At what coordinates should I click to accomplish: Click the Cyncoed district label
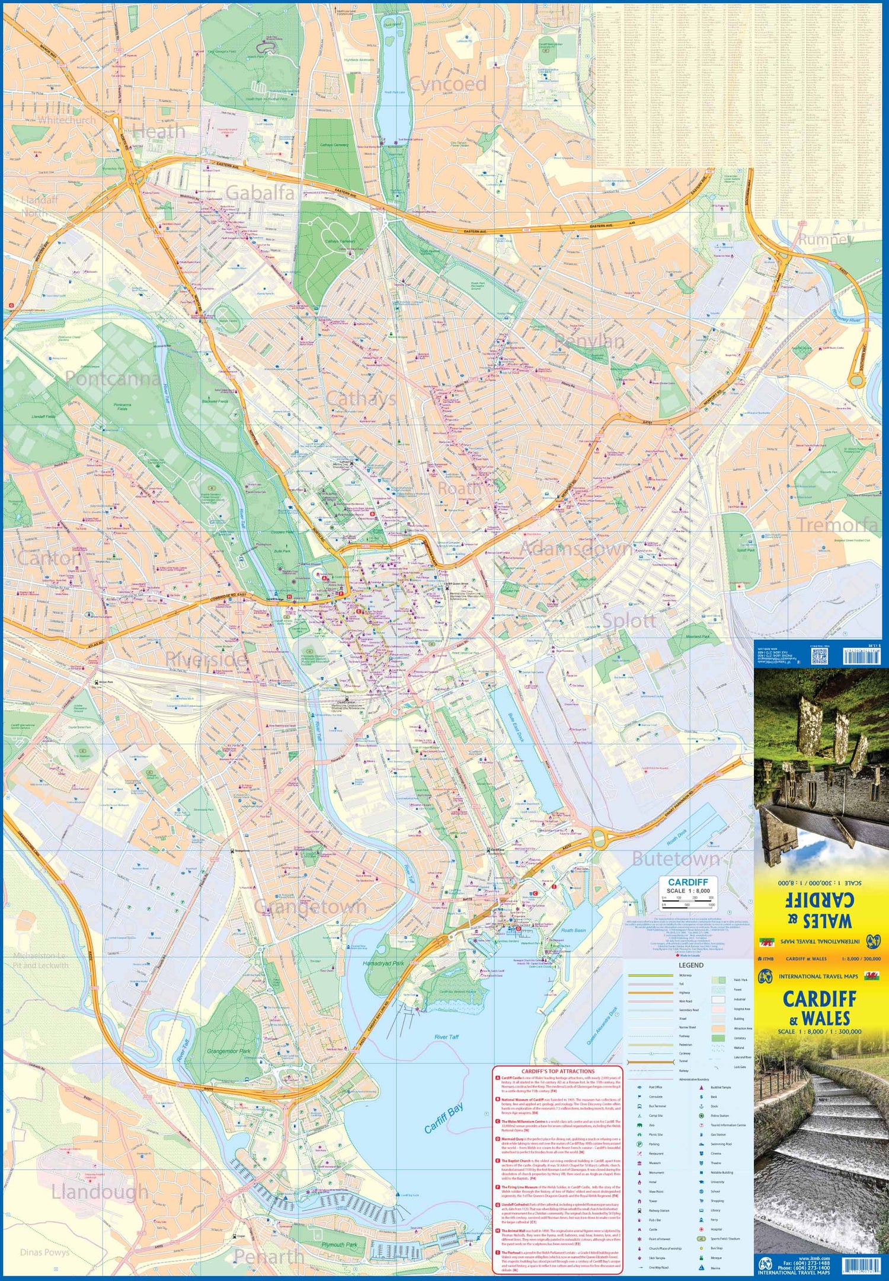point(447,84)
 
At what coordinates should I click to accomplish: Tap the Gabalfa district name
point(260,193)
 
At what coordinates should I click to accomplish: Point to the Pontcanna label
point(112,378)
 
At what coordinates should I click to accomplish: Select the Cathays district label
point(361,398)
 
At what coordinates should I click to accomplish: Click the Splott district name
point(629,621)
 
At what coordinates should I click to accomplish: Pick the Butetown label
point(676,859)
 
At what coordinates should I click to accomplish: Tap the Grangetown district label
point(310,907)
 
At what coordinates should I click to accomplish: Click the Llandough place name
point(100,1191)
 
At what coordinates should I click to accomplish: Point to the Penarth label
point(269,1256)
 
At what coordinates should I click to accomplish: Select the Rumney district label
point(826,240)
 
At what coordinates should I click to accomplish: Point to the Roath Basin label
point(573,931)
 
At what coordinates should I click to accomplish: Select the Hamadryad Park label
point(383,963)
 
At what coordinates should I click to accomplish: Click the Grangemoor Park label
point(229,1051)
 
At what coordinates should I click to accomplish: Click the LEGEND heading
point(690,965)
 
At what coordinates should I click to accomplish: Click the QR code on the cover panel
point(818,656)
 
